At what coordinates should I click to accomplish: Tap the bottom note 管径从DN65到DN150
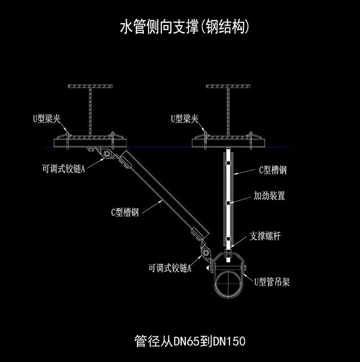[190, 341]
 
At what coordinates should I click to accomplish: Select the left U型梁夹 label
[46, 119]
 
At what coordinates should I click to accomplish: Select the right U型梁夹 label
[184, 119]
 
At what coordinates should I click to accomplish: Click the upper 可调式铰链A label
[63, 169]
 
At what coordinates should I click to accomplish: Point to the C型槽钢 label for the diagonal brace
[125, 213]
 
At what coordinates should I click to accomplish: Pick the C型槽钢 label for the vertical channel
[273, 170]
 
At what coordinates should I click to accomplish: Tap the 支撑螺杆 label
[265, 236]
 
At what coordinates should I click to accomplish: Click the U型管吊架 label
[272, 282]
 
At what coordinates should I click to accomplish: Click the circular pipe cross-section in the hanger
[229, 283]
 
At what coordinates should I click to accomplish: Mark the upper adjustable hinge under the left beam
[108, 155]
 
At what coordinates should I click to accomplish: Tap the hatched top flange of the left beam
[90, 86]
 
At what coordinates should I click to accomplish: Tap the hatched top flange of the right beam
[229, 86]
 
